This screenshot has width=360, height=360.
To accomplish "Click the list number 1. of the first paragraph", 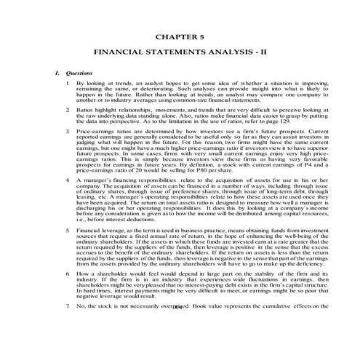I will point(67,84).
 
